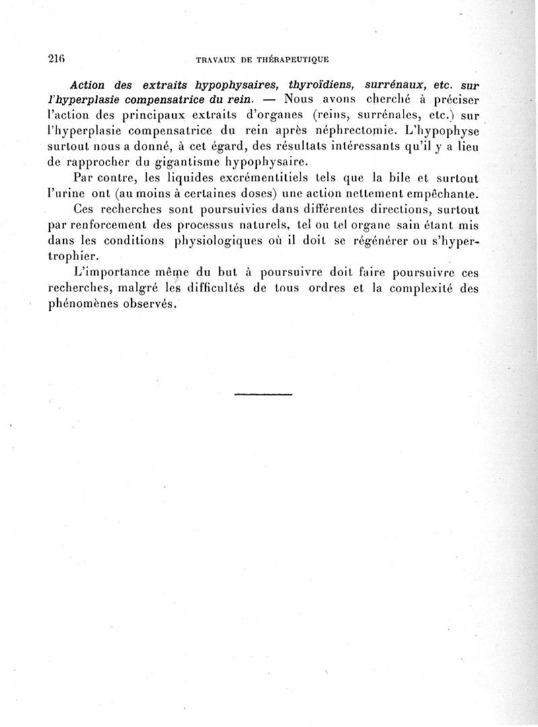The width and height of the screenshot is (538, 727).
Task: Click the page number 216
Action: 58,58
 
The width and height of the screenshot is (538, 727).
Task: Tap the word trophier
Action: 70,256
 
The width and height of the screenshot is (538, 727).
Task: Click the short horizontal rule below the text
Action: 264,394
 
